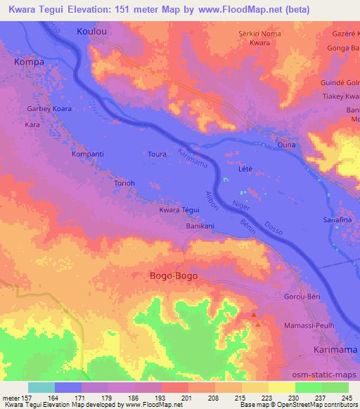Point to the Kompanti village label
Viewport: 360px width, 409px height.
(x=89, y=153)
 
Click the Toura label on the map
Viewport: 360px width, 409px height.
(x=157, y=153)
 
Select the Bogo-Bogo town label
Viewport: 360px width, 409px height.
(x=174, y=276)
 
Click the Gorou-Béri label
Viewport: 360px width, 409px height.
(x=302, y=297)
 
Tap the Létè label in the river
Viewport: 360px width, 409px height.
(x=246, y=169)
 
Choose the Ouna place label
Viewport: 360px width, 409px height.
(x=286, y=145)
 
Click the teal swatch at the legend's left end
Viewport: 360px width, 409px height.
(x=41, y=387)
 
